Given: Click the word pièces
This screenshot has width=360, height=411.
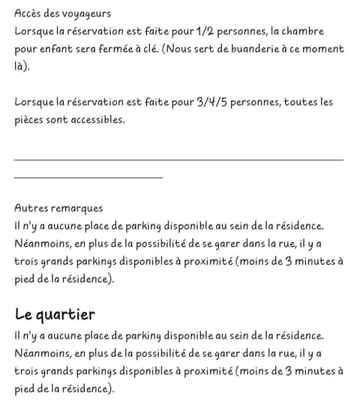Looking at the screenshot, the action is point(30,119).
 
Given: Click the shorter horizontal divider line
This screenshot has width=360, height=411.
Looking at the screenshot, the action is point(88,177).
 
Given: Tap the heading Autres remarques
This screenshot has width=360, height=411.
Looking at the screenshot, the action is point(58,208).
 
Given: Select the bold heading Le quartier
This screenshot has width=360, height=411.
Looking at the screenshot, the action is point(55,313).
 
